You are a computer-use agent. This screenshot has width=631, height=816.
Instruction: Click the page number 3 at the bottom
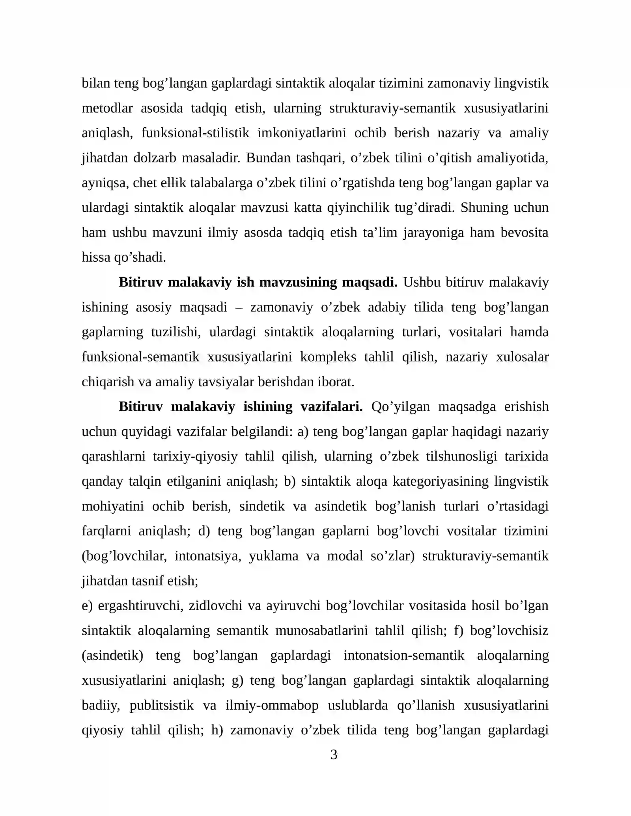(334, 755)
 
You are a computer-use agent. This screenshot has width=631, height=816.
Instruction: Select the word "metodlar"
(107, 108)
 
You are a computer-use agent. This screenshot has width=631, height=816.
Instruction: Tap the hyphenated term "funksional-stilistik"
(195, 133)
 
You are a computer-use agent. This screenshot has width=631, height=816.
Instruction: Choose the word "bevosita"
(525, 232)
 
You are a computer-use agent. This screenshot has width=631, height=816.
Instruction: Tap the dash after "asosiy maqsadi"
(239, 307)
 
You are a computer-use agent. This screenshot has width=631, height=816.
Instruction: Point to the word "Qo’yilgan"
(400, 406)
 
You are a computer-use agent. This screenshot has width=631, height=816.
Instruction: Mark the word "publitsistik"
(162, 705)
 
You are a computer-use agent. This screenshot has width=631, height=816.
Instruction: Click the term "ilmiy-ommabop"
(272, 705)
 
